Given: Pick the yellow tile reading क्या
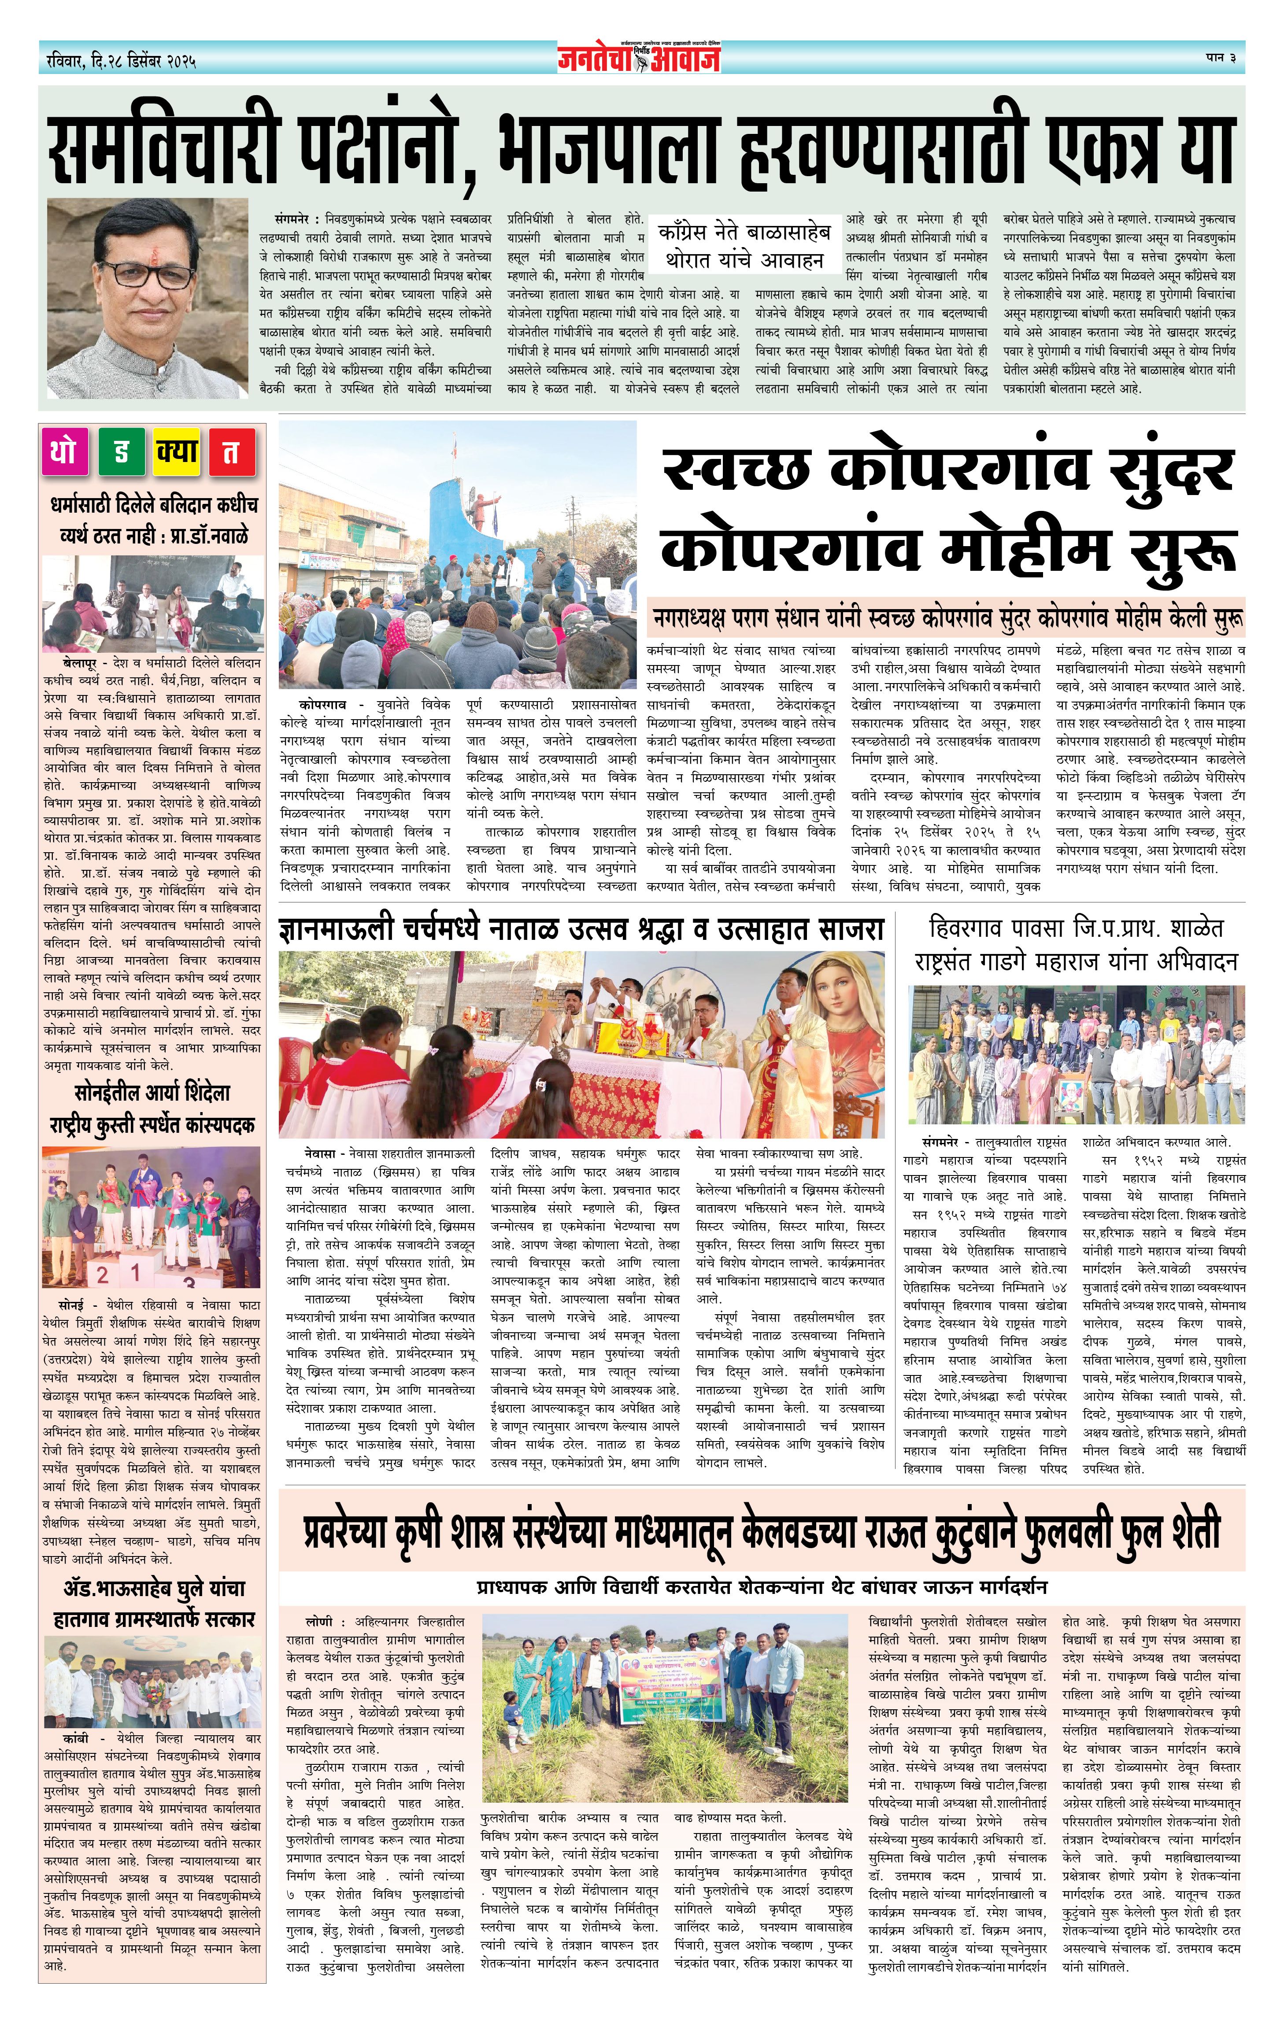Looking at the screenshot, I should tap(176, 452).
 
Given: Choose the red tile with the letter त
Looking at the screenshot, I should tap(230, 452).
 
